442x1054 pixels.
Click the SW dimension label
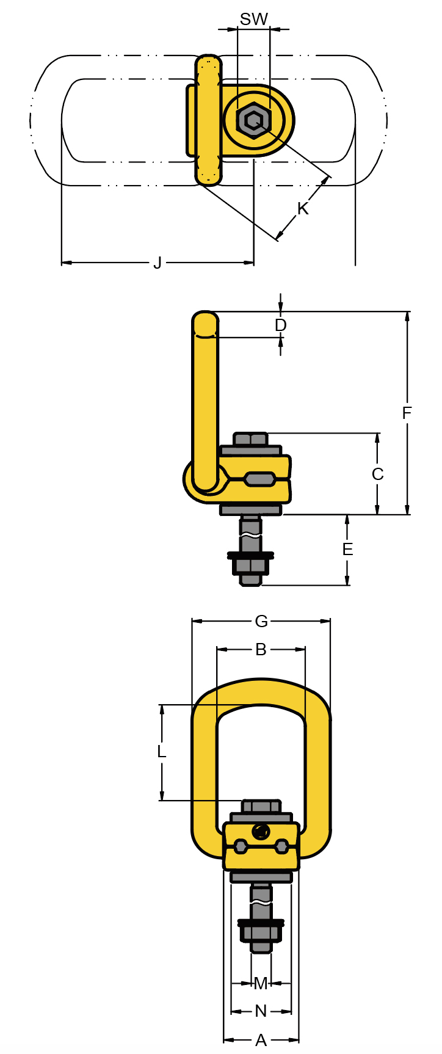(253, 20)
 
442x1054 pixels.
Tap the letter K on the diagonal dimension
(303, 209)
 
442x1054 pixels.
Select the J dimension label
(158, 263)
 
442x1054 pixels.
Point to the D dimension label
(280, 325)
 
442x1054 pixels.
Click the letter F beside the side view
(407, 413)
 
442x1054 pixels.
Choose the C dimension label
(377, 474)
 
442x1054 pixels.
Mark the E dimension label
(347, 550)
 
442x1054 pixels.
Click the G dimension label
(261, 621)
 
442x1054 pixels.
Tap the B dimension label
(261, 650)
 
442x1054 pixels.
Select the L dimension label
(162, 752)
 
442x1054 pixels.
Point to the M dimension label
(261, 983)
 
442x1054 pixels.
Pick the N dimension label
(261, 1011)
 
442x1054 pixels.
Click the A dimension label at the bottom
(261, 1040)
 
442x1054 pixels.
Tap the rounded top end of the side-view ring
(205, 322)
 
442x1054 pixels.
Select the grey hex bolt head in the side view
(250, 439)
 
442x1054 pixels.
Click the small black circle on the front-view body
(261, 831)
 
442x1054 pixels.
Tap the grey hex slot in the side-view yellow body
(259, 479)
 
